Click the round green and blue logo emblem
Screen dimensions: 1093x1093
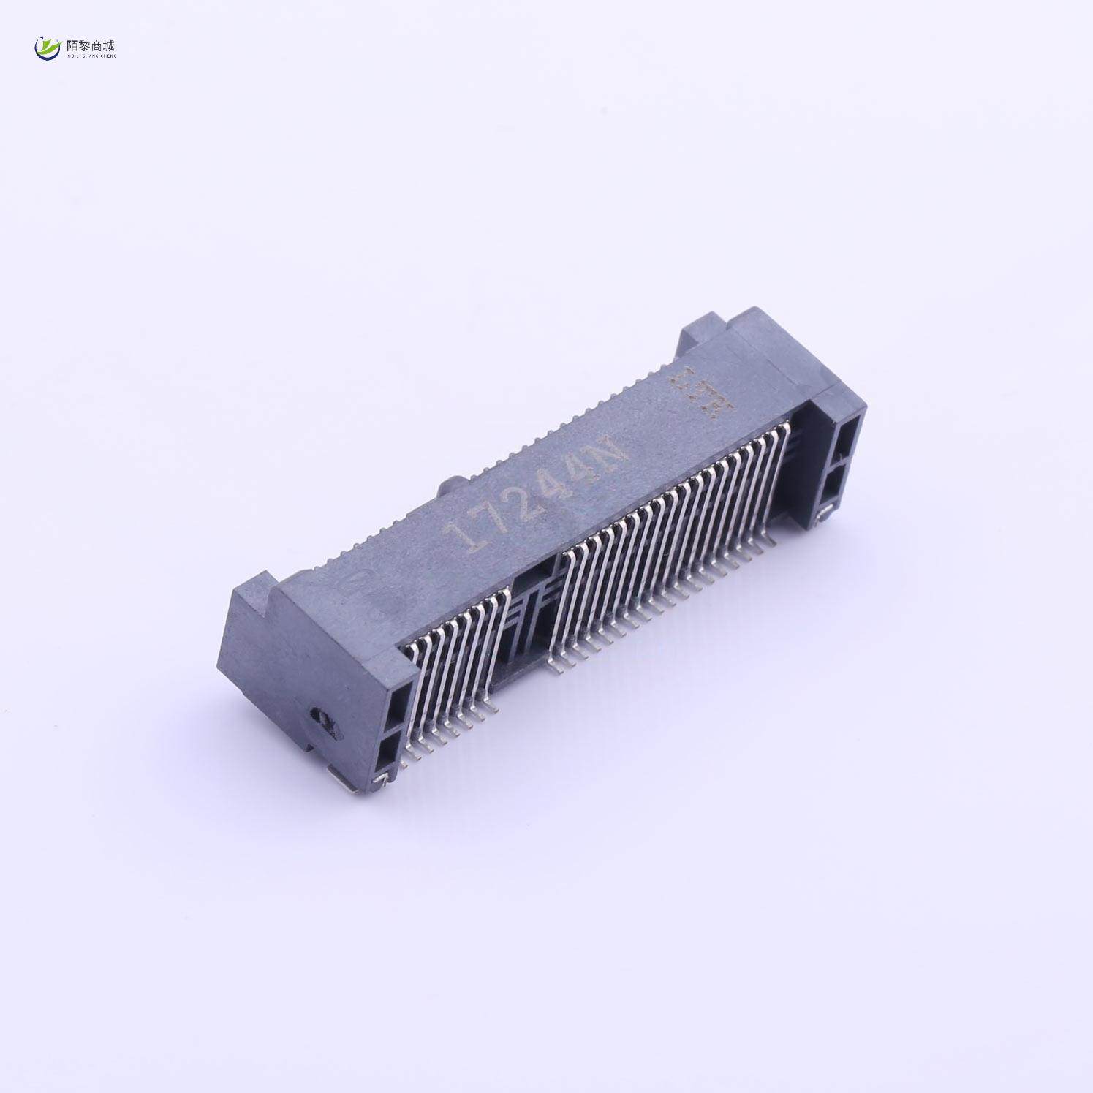(48, 48)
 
